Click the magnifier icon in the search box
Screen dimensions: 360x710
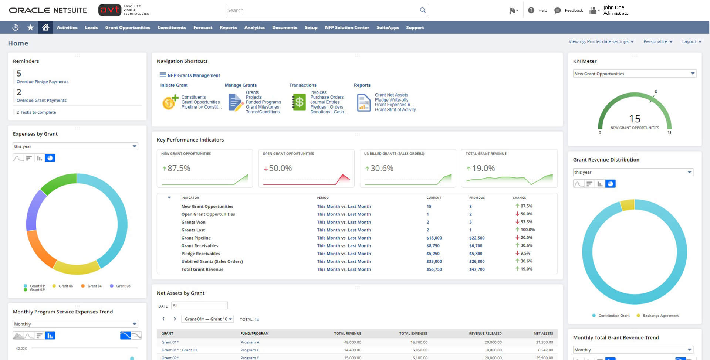tap(422, 10)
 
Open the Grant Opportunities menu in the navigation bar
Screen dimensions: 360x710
tap(128, 28)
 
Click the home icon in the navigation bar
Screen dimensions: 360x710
tap(45, 27)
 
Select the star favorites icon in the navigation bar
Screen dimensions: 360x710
tap(30, 27)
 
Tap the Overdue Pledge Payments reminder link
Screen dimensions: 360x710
tap(43, 82)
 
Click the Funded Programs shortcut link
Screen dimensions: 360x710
tap(263, 102)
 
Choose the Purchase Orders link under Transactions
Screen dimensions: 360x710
tap(327, 98)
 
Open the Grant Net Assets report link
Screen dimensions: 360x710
tap(391, 95)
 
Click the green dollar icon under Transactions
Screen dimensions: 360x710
tap(299, 102)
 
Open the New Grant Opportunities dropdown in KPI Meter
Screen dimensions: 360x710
tap(635, 74)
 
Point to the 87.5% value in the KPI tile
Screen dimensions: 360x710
tap(179, 169)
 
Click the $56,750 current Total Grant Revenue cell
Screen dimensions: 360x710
tap(434, 269)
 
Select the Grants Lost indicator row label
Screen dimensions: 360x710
tap(193, 230)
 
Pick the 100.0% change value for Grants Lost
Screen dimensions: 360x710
tap(527, 230)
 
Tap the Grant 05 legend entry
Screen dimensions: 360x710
tap(123, 286)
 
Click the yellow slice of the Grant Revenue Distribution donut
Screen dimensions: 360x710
tap(627, 205)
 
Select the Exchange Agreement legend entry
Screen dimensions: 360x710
tap(660, 316)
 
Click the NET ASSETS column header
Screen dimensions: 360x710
tap(543, 334)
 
